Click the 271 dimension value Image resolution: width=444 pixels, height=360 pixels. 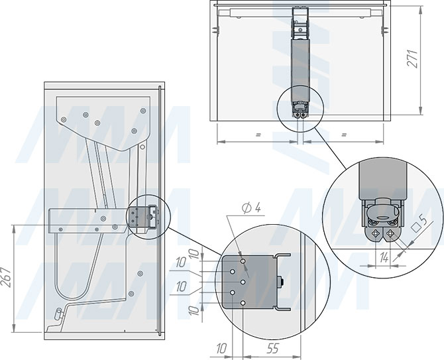point(413,58)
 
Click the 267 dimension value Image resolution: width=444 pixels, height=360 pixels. point(6,277)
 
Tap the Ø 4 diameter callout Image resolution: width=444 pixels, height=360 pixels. point(251,208)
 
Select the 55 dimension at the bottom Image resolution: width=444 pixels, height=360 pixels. point(272,348)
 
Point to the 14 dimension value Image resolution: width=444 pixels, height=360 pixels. point(384,258)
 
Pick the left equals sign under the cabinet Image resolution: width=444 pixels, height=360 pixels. point(258,135)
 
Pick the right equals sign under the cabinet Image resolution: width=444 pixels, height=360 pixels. point(344,135)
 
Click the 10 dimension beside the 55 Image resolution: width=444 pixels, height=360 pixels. point(221,348)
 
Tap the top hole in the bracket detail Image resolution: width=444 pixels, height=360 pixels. point(243,261)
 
